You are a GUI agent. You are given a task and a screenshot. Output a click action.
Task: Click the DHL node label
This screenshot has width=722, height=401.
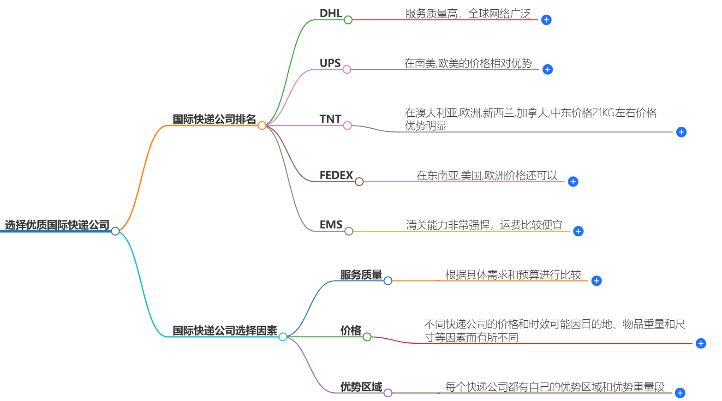tap(330, 13)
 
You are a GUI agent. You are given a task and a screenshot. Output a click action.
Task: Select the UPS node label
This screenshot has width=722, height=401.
tap(330, 63)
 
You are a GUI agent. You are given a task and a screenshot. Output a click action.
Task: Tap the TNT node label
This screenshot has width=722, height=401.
tap(330, 119)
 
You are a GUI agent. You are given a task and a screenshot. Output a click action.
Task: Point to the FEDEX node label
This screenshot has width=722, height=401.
tap(336, 175)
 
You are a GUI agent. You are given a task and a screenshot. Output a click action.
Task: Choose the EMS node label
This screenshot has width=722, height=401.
tap(331, 225)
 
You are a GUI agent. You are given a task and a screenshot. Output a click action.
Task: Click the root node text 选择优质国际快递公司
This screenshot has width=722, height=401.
tap(57, 225)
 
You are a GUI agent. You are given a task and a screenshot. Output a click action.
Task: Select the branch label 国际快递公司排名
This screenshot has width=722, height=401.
tap(214, 119)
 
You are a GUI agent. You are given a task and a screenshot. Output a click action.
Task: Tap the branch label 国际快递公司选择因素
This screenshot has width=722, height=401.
tap(225, 330)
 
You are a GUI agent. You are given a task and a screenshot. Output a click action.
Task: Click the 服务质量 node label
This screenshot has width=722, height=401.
tap(361, 275)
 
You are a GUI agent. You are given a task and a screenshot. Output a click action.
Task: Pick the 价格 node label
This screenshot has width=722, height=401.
tap(351, 330)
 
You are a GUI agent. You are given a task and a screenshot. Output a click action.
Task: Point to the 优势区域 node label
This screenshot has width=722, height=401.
tap(361, 387)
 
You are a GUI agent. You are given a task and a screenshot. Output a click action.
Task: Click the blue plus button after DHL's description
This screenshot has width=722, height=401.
tap(546, 20)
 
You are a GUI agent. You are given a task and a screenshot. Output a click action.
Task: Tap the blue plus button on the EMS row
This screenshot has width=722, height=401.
tap(578, 231)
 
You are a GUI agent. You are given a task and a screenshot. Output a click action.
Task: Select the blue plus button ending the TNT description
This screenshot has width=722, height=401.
tap(681, 132)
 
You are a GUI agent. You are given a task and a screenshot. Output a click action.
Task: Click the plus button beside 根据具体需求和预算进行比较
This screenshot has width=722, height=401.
tap(597, 281)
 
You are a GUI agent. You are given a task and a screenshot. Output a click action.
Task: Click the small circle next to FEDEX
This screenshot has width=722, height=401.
tap(359, 182)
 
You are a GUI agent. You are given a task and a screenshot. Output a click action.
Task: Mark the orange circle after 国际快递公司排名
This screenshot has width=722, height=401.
tap(262, 126)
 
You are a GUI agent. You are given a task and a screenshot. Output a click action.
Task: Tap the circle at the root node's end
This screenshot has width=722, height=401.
tap(115, 231)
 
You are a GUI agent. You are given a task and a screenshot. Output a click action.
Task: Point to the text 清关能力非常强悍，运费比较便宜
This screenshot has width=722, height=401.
tap(484, 225)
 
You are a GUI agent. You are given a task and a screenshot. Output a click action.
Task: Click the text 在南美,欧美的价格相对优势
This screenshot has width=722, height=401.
tap(468, 63)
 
